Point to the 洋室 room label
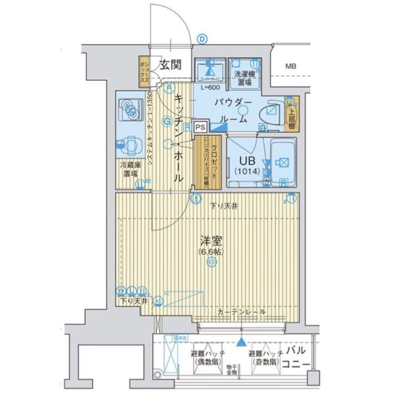pos(211,240)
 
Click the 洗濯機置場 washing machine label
pos(246,77)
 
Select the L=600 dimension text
pos(211,87)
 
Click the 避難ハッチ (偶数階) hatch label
pos(205,357)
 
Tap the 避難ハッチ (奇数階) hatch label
pos(266,357)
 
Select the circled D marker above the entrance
pos(203,39)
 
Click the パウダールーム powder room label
pos(231,110)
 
